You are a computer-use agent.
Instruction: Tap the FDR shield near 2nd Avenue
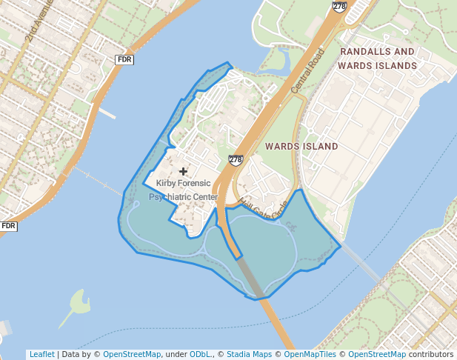click(124, 59)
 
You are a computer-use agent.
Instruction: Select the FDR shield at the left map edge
click(8, 226)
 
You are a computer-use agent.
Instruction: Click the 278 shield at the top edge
click(340, 6)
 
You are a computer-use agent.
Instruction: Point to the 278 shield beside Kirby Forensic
click(236, 160)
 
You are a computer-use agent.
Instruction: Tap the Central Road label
click(308, 71)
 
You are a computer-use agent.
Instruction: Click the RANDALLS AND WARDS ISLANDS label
click(377, 59)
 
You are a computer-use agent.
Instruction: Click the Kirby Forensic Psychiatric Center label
click(184, 190)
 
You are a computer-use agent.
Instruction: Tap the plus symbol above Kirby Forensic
click(184, 171)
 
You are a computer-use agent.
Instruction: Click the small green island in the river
click(77, 302)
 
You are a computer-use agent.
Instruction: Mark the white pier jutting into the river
click(107, 114)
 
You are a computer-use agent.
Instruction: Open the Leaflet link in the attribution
click(41, 354)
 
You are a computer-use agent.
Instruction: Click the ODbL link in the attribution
click(201, 354)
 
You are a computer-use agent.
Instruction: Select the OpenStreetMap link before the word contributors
click(377, 354)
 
